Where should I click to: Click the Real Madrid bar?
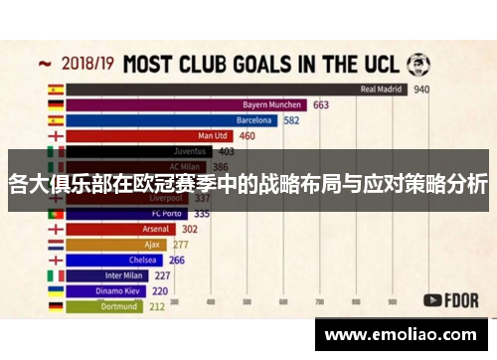click(239, 89)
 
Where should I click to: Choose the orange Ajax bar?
click(118, 245)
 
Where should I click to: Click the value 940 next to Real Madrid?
click(421, 89)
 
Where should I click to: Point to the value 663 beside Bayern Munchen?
click(321, 104)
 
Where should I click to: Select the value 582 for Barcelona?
click(291, 120)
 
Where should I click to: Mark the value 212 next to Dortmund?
click(157, 307)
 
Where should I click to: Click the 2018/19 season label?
click(85, 64)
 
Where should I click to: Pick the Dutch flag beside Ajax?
click(56, 245)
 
